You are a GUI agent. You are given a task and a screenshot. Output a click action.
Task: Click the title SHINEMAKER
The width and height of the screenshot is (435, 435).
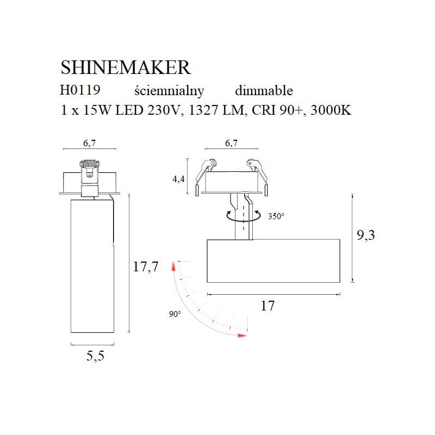[x=126, y=67]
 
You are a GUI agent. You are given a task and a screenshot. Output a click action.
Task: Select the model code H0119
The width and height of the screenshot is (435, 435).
[x=80, y=90]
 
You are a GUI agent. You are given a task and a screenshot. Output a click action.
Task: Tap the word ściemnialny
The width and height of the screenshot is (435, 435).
[x=169, y=91]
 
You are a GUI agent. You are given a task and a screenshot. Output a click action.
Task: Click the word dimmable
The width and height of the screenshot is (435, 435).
[x=264, y=90]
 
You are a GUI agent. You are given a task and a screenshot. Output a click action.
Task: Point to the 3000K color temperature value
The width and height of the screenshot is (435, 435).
[x=331, y=110]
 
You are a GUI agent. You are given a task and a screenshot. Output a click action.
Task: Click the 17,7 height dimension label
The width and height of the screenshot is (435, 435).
[x=145, y=267]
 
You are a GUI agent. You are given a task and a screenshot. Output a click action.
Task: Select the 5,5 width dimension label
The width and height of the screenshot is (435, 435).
[x=95, y=356]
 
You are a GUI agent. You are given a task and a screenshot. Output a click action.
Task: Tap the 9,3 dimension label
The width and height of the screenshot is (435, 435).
[x=365, y=235]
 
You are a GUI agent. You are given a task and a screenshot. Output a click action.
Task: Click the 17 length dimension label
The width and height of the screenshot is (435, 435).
[x=268, y=306]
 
